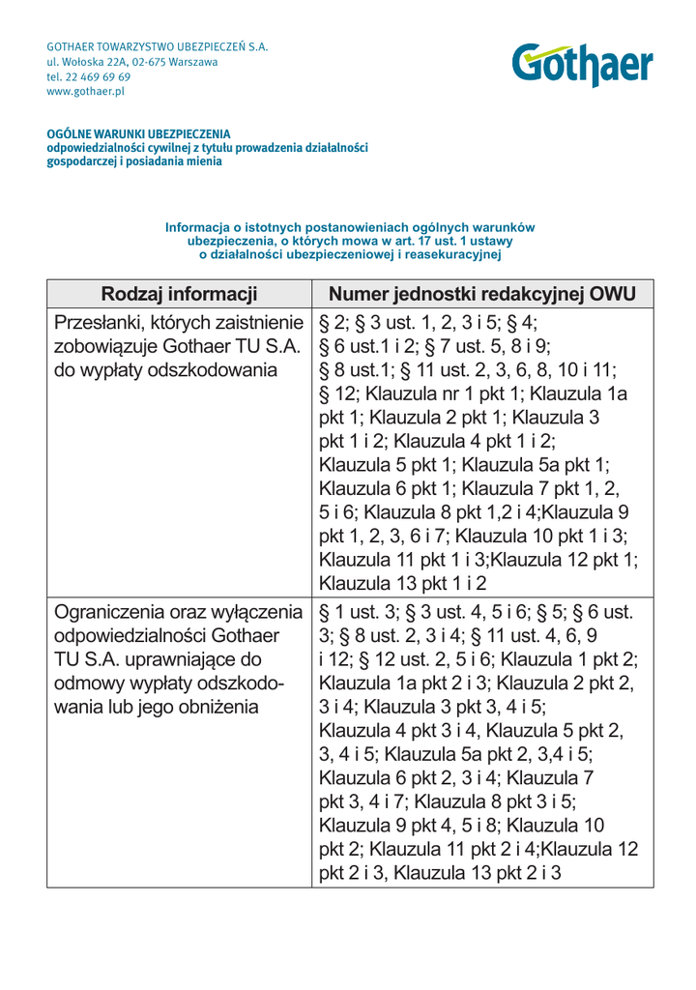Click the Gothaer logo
582,65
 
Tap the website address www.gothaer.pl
86,92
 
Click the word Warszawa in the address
193,62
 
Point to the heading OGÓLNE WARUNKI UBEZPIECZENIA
139,133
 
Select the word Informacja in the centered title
197,227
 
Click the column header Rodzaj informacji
179,294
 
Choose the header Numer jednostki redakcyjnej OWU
482,294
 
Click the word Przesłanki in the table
101,322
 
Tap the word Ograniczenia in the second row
112,612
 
